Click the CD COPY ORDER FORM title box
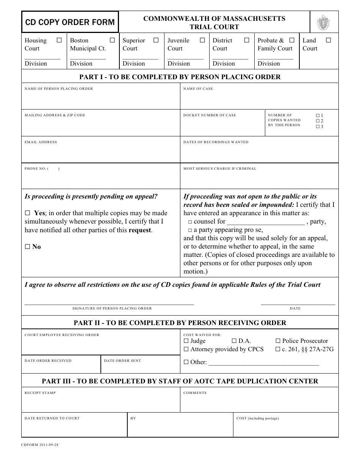70,22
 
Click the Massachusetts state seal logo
323,23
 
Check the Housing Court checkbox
59,40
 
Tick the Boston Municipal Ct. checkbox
112,40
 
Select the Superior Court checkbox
156,40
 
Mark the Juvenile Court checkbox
202,40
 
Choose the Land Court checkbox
329,40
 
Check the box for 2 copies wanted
318,121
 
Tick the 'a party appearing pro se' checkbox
190,230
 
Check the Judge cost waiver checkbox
186,341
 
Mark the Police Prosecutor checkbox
278,341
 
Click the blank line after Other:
264,363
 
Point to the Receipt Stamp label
40,393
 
